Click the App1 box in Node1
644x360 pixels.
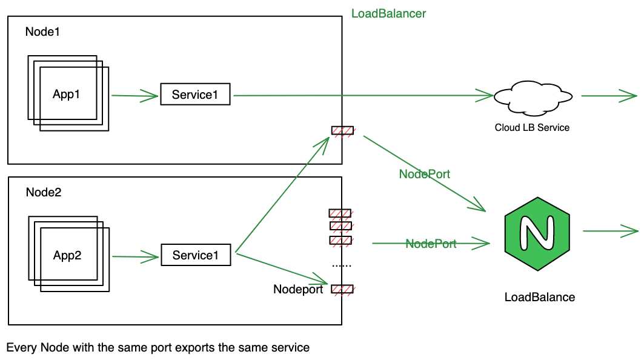tap(66, 94)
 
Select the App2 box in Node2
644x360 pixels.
tap(67, 255)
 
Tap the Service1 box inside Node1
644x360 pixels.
tap(195, 95)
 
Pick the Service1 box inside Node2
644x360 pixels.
tap(196, 255)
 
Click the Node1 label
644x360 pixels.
tap(42, 32)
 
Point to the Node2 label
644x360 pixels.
tap(44, 192)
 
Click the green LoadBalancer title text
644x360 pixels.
tap(388, 13)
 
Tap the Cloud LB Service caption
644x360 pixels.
tap(532, 127)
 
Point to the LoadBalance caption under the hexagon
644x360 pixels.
tap(539, 297)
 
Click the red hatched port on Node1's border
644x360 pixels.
tap(342, 130)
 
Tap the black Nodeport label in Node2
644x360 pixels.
tap(298, 289)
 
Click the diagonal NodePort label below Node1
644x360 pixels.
tap(424, 174)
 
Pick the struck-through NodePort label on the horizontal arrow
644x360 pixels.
tap(431, 244)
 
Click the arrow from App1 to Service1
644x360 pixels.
tap(134, 95)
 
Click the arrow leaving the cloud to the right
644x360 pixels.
tap(609, 96)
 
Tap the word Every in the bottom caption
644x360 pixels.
tap(19, 348)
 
